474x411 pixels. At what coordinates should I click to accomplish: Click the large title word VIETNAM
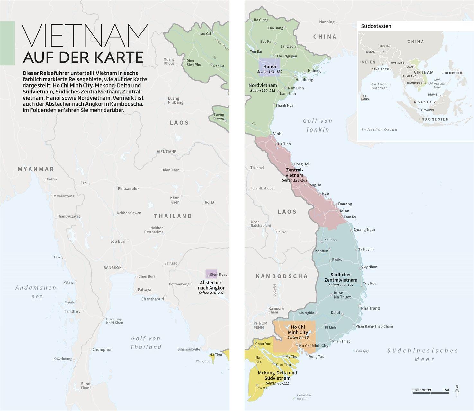pyautogui.click(x=85, y=36)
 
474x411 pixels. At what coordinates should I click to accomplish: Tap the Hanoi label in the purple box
pyautogui.click(x=269, y=66)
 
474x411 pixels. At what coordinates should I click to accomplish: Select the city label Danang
pyautogui.click(x=345, y=204)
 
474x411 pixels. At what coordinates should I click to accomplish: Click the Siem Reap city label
pyautogui.click(x=219, y=275)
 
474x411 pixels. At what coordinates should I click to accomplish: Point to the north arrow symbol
pyautogui.click(x=457, y=391)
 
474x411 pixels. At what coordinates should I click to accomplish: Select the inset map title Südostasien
pyautogui.click(x=376, y=26)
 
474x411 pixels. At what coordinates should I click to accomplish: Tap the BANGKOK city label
pyautogui.click(x=112, y=267)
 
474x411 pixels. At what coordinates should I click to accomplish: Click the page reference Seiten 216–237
pyautogui.click(x=211, y=293)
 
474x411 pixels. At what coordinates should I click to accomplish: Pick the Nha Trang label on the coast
pyautogui.click(x=370, y=308)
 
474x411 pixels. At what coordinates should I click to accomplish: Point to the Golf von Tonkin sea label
pyautogui.click(x=317, y=125)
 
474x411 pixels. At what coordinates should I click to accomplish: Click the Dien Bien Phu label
pyautogui.click(x=193, y=62)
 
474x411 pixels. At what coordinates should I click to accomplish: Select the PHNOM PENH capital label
pyautogui.click(x=260, y=325)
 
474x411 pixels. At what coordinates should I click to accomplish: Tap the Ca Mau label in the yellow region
pyautogui.click(x=263, y=388)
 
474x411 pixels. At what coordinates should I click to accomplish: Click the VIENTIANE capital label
pyautogui.click(x=166, y=152)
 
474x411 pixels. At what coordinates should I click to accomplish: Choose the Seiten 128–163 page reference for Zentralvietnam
pyautogui.click(x=294, y=180)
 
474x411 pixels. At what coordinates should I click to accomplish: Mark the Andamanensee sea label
pyautogui.click(x=37, y=292)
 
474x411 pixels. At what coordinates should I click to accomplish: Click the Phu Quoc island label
pyautogui.click(x=203, y=361)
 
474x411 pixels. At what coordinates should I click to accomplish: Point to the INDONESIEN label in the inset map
pyautogui.click(x=434, y=119)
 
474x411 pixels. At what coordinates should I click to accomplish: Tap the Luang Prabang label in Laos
pyautogui.click(x=175, y=101)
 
